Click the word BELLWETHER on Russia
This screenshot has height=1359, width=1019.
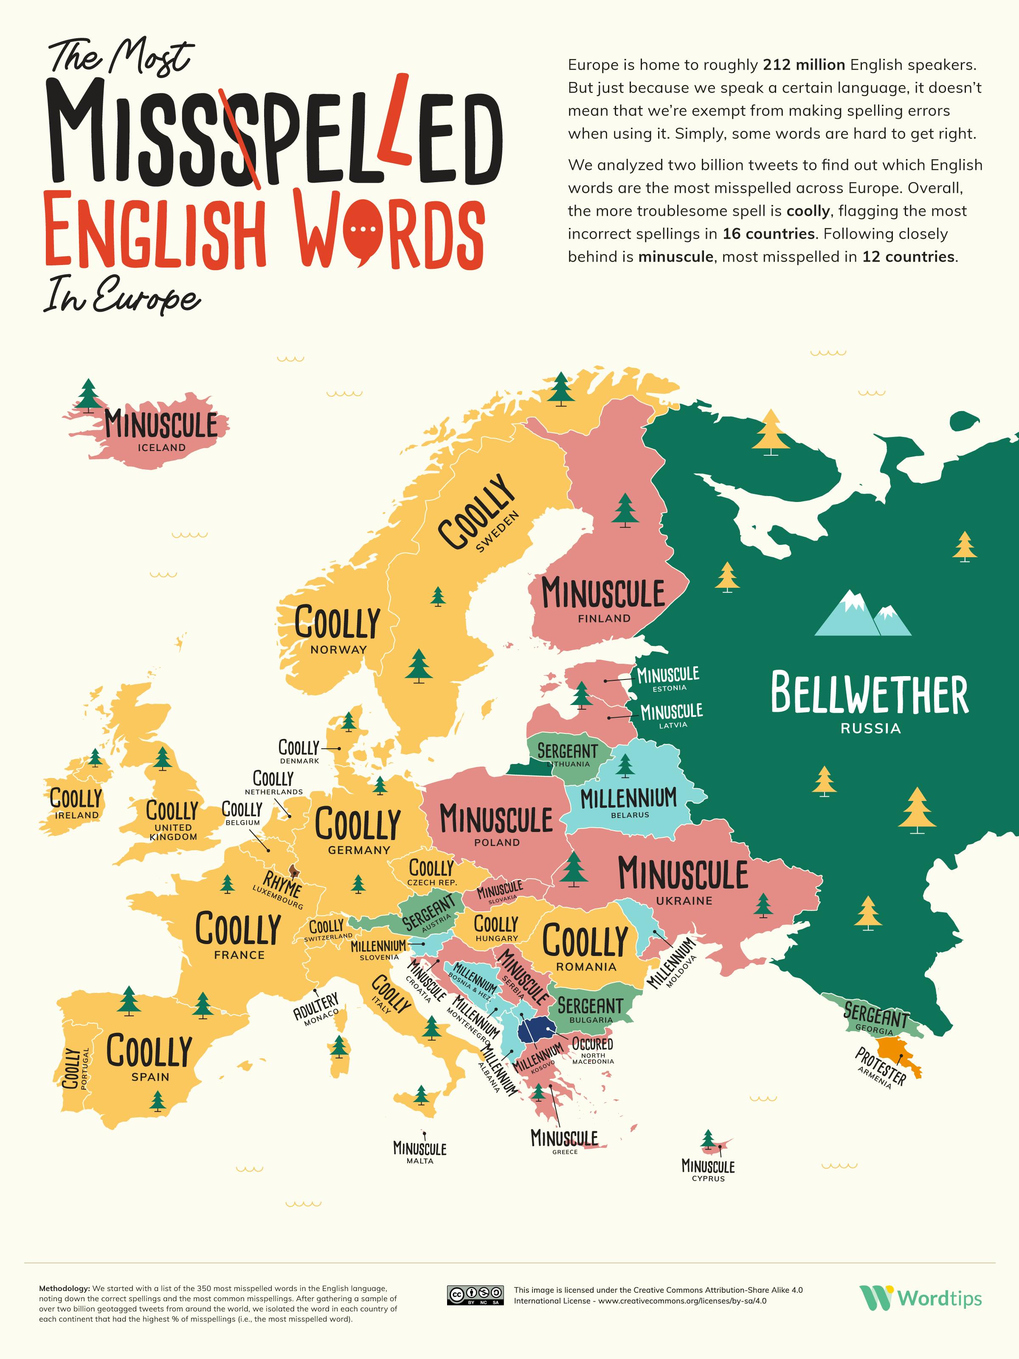tap(869, 694)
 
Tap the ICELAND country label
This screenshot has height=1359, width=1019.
tap(161, 448)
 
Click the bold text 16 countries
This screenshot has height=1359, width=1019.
tap(768, 234)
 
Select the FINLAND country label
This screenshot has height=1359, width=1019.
tap(604, 619)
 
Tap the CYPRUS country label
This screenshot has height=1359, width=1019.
tap(708, 1179)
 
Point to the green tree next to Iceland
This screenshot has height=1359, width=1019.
tap(88, 395)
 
